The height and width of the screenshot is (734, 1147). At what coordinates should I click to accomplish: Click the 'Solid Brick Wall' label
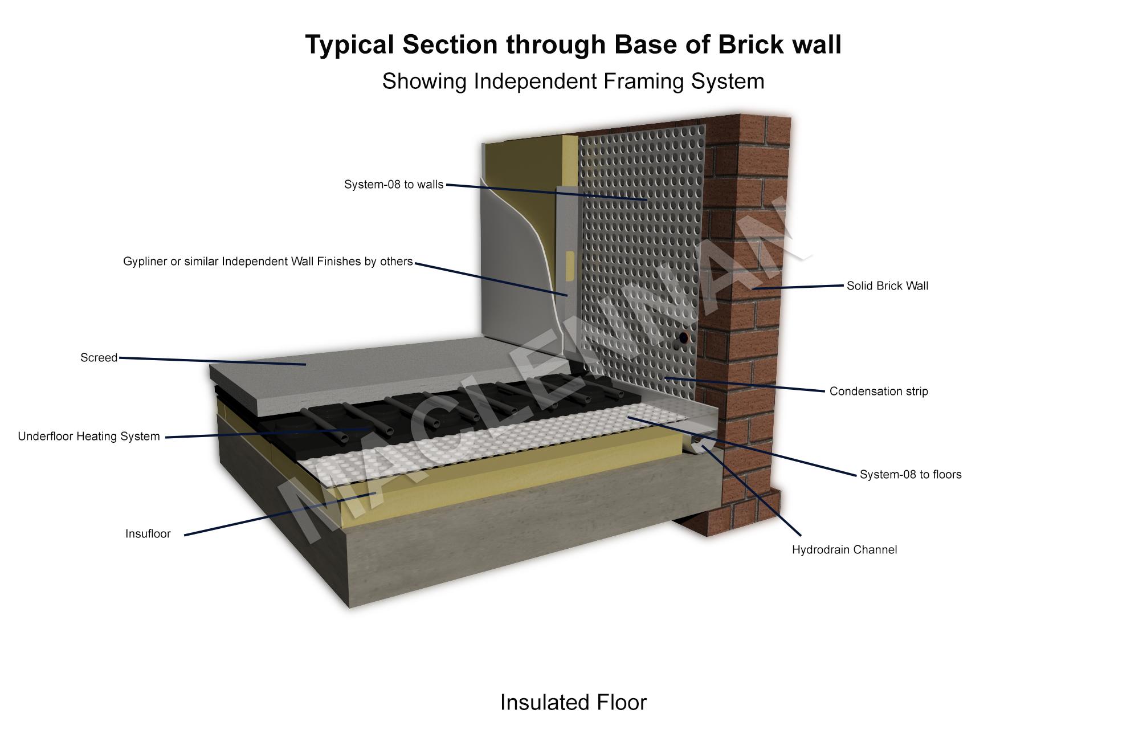[x=887, y=286]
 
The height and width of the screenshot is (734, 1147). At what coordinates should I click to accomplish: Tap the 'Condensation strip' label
[x=879, y=392]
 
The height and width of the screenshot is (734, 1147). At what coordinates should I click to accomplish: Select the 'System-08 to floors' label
[x=911, y=475]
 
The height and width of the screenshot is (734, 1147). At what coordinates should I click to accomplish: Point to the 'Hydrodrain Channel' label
[x=844, y=550]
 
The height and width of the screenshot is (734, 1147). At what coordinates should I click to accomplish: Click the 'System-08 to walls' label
[x=394, y=185]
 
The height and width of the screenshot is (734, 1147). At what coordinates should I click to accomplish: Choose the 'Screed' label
[x=99, y=358]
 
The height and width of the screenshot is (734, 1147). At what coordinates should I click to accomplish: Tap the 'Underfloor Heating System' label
[x=89, y=437]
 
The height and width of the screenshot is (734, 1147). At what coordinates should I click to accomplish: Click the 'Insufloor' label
[x=148, y=534]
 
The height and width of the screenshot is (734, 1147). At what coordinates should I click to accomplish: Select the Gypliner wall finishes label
[x=268, y=262]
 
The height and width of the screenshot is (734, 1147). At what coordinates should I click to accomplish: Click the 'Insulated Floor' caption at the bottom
[x=573, y=703]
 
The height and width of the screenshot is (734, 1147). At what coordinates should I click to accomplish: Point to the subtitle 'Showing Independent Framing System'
[x=573, y=81]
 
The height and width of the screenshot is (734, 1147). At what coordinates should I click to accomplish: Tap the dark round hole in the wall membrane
[x=683, y=337]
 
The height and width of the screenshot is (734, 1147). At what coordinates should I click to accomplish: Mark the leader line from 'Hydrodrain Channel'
[x=752, y=490]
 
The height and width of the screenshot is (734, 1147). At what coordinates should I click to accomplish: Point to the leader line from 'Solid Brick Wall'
[x=798, y=287]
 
